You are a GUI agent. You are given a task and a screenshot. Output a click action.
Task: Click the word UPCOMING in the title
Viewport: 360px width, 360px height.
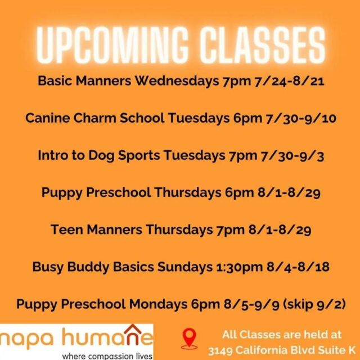click(112, 46)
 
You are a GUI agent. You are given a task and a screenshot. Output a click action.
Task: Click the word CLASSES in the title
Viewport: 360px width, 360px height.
click(263, 46)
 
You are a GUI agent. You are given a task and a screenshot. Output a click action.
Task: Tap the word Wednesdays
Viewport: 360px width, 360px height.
click(177, 81)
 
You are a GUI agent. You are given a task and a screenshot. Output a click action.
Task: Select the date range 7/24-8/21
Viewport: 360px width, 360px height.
click(289, 82)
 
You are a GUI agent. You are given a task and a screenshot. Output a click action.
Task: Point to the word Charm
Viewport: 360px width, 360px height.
click(95, 118)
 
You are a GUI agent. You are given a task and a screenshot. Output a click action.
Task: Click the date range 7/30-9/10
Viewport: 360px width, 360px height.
click(301, 119)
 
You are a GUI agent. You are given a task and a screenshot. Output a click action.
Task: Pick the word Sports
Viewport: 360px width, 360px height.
click(139, 156)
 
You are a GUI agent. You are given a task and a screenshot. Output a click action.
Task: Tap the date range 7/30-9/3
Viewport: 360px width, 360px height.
click(292, 156)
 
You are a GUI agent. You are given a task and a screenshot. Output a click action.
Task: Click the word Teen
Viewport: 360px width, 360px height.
click(67, 229)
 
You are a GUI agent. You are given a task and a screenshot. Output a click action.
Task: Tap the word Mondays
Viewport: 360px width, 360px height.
click(158, 304)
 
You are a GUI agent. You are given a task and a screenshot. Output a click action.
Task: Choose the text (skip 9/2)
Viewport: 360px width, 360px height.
click(314, 304)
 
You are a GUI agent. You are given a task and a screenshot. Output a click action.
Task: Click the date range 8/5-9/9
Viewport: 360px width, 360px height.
click(251, 305)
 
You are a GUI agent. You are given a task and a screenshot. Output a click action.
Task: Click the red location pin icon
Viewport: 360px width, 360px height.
click(189, 338)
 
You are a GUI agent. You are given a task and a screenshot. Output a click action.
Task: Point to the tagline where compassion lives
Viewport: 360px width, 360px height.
click(107, 356)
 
